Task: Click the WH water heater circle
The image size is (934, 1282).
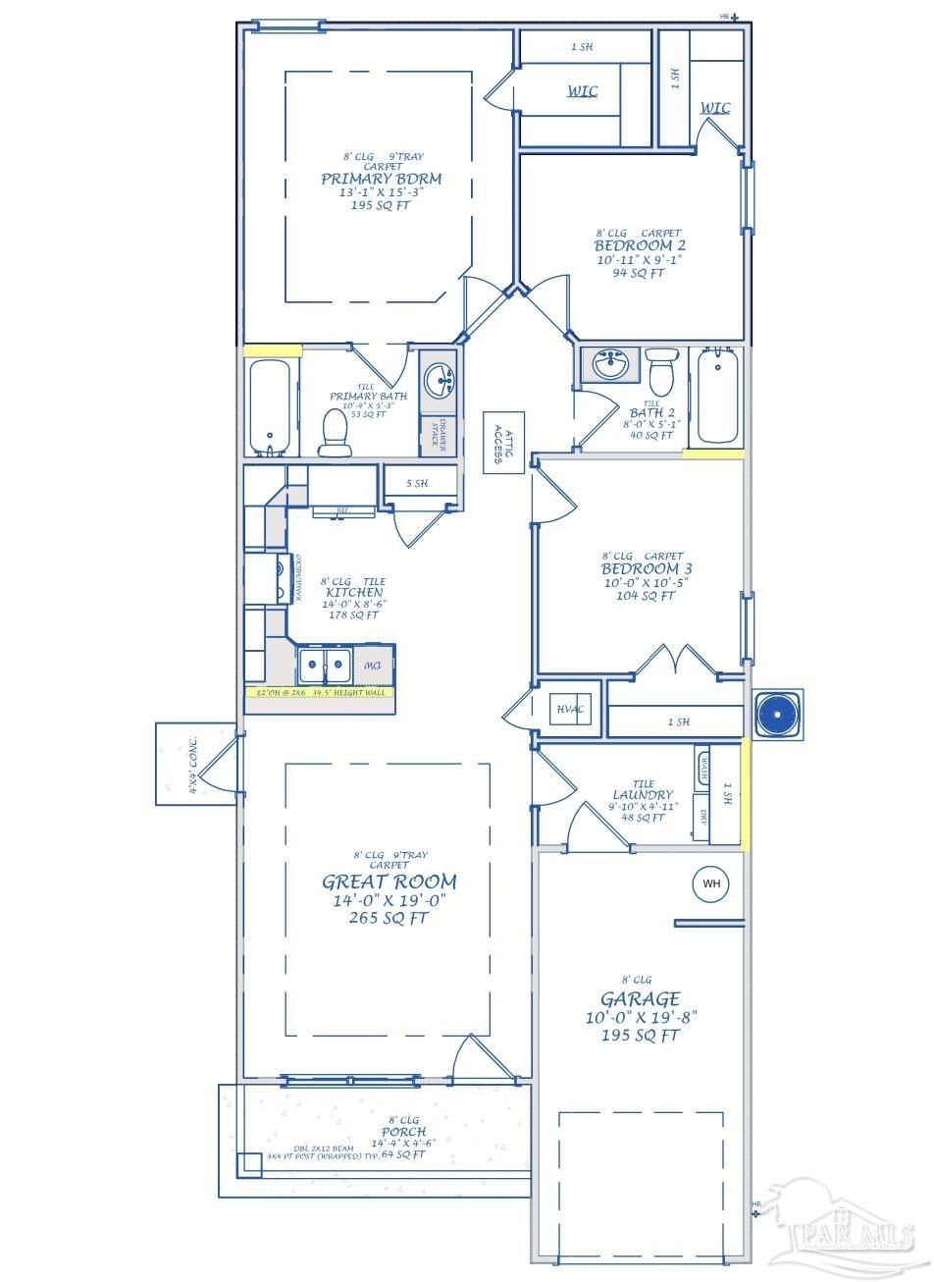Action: (710, 884)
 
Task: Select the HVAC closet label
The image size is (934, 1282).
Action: (569, 709)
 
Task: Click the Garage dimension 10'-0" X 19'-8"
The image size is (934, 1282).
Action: (642, 1018)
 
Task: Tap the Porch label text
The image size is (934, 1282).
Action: (404, 1132)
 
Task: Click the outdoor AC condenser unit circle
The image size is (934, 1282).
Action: (777, 714)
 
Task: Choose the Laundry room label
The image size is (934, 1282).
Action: (643, 794)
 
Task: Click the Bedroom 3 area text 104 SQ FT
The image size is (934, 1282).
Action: (641, 596)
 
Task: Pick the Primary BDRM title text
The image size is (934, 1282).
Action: (381, 179)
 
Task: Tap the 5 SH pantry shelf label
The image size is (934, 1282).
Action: (419, 482)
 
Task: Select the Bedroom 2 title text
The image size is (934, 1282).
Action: (633, 244)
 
